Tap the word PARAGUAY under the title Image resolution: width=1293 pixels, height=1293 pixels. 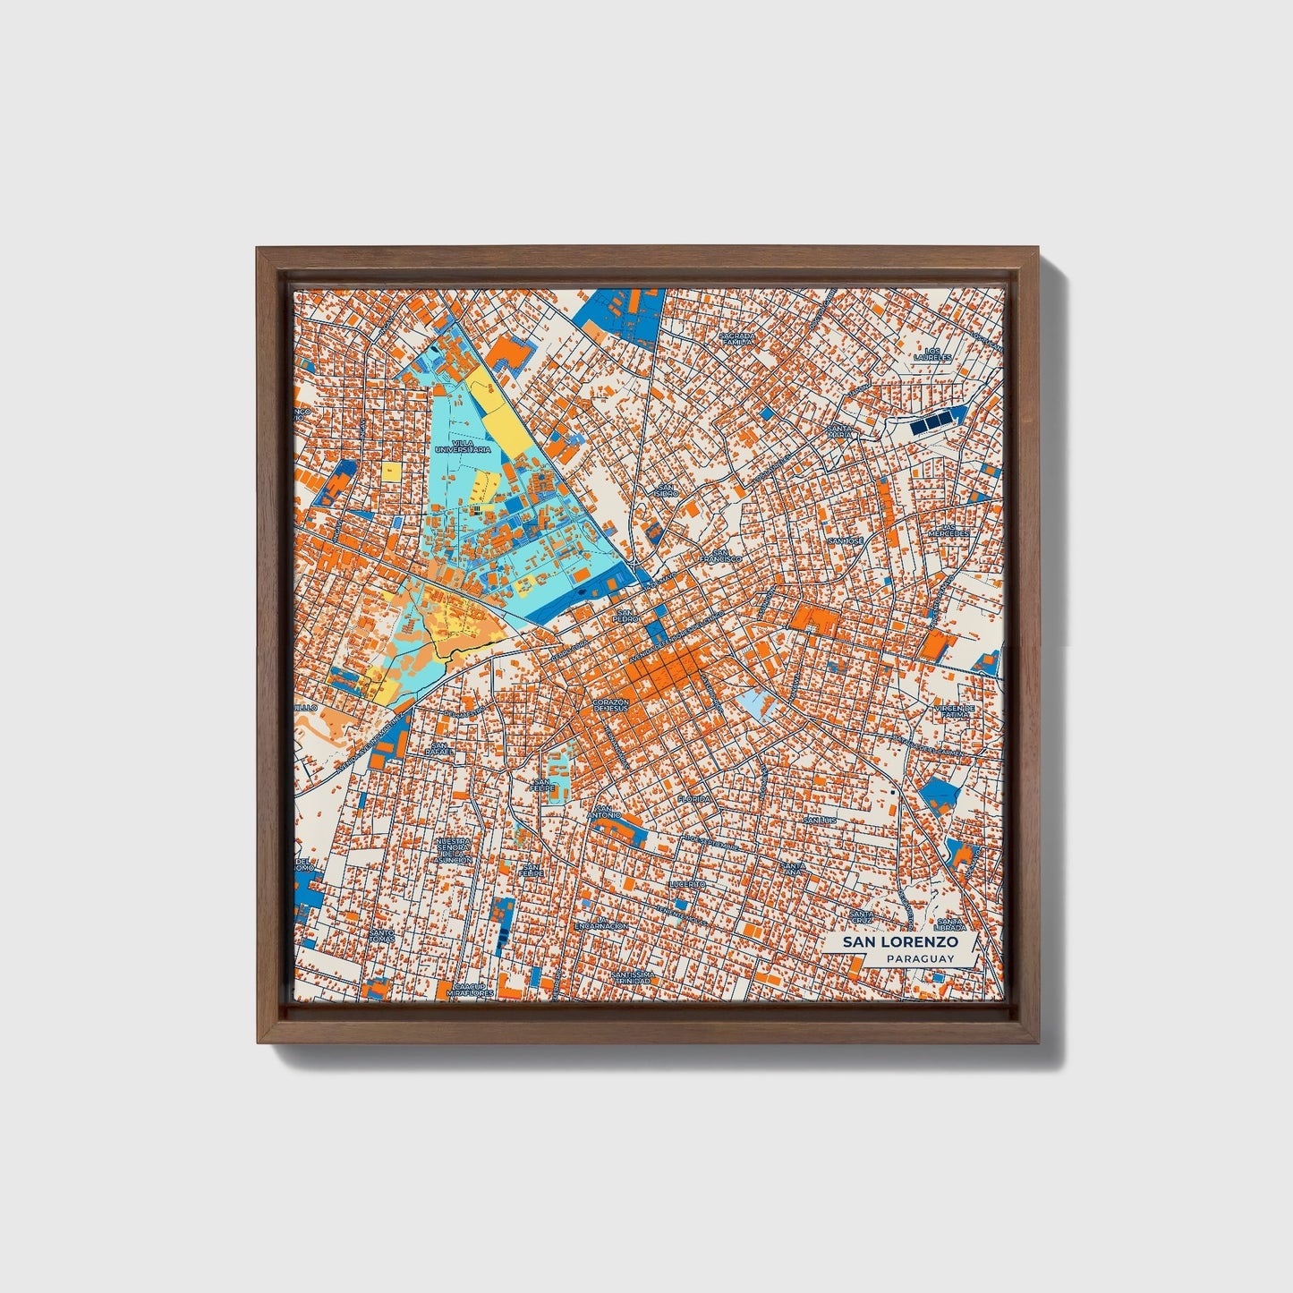(919, 958)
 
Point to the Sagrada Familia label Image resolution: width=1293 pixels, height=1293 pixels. (737, 338)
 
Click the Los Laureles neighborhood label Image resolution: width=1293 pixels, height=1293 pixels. (933, 354)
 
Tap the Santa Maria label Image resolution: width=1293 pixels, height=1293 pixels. (839, 431)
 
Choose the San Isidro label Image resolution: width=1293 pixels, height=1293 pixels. (666, 489)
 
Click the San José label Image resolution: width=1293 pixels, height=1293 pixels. (845, 541)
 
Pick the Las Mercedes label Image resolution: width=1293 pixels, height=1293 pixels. (948, 531)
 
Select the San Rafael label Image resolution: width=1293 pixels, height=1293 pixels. (438, 749)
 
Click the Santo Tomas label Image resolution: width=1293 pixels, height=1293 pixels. (381, 934)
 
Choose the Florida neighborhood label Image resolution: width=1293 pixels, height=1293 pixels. (693, 798)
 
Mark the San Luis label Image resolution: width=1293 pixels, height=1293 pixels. (819, 820)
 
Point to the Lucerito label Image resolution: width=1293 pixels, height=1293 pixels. (687, 883)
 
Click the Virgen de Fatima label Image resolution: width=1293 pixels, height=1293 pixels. (954, 710)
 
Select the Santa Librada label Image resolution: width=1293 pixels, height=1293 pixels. (949, 923)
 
